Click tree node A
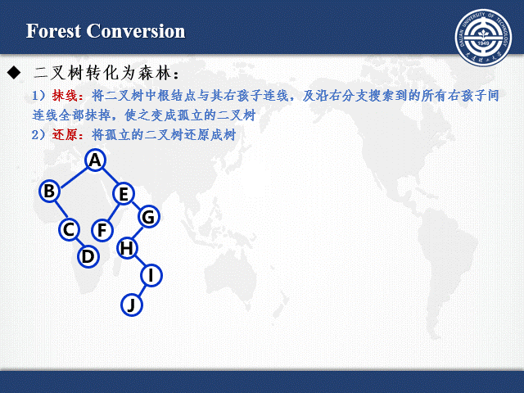[95, 160]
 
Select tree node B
[49, 191]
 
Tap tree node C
[69, 230]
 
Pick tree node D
[88, 256]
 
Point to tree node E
[124, 194]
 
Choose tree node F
[102, 230]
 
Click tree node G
[148, 217]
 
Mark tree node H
[127, 247]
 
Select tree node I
[151, 276]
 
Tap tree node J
[131, 305]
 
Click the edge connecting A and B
[72, 175]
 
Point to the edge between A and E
[110, 177]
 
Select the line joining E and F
[113, 212]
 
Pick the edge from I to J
[141, 291]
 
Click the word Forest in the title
[54, 32]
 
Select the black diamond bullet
[13, 73]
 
